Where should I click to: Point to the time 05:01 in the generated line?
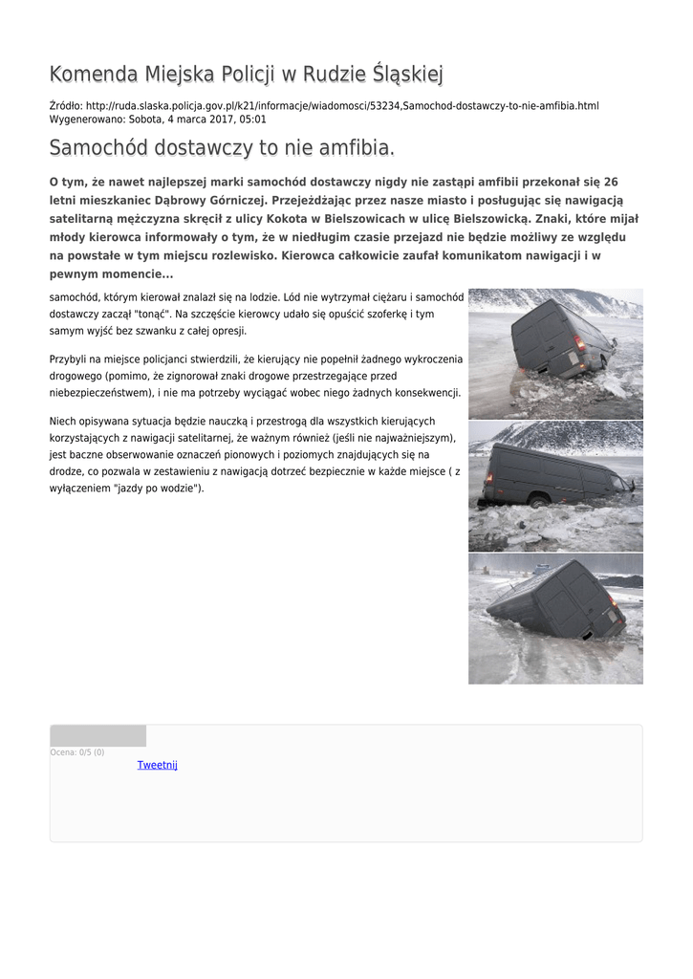(x=252, y=120)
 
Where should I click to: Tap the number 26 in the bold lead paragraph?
(x=611, y=182)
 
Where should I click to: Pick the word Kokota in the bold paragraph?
(x=307, y=219)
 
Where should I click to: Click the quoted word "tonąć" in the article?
(x=145, y=314)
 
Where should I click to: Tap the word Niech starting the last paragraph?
(x=63, y=422)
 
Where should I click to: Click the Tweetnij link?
(x=157, y=765)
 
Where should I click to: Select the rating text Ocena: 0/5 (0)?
(x=77, y=752)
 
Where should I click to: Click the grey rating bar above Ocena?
(x=97, y=735)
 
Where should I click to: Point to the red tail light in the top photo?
(x=579, y=342)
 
